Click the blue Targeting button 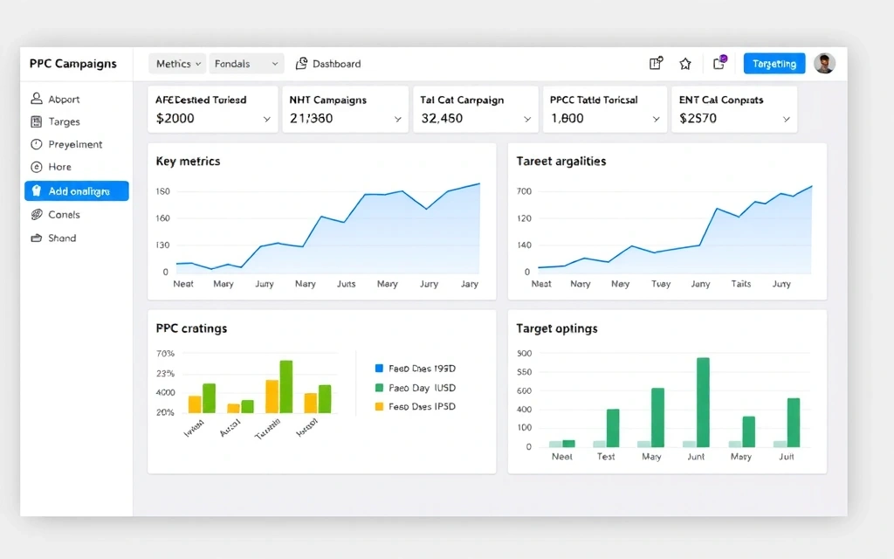(774, 64)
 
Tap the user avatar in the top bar (824, 64)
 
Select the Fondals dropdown (247, 64)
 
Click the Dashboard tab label (336, 64)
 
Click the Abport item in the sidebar (64, 100)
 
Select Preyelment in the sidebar (75, 145)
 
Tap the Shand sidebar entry (62, 238)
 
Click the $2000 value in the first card (175, 119)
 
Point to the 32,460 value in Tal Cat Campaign (442, 119)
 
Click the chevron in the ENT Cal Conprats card (786, 120)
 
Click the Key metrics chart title (188, 162)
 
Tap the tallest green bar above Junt (703, 402)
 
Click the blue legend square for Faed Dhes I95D (379, 369)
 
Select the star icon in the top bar (685, 64)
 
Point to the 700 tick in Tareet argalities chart (524, 191)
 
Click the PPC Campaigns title (72, 64)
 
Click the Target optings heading (557, 329)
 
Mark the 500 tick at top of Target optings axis (524, 354)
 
